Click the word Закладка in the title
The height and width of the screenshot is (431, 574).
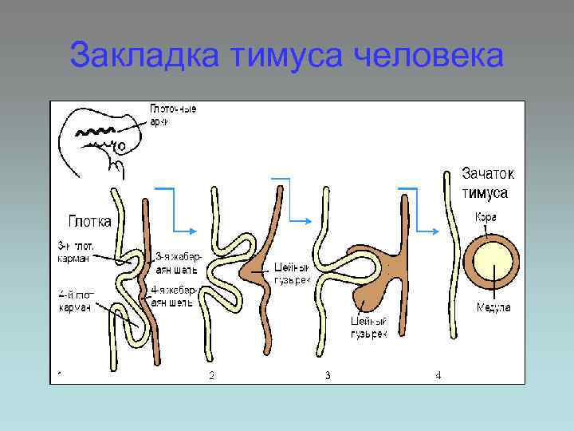pyautogui.click(x=145, y=56)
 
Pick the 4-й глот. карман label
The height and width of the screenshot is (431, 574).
pyautogui.click(x=75, y=302)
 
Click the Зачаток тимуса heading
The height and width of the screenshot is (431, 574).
pyautogui.click(x=488, y=183)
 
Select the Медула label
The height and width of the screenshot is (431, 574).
pyautogui.click(x=493, y=307)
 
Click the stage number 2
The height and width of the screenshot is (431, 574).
pyautogui.click(x=211, y=374)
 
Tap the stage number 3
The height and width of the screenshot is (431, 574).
pyautogui.click(x=327, y=374)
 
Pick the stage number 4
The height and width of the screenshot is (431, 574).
pyautogui.click(x=438, y=374)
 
